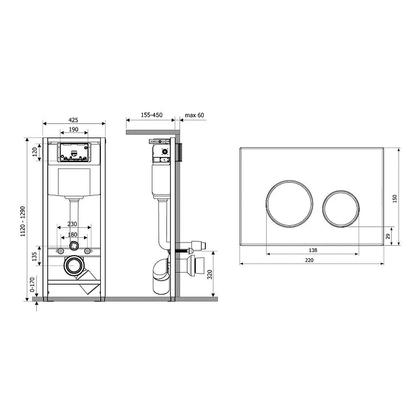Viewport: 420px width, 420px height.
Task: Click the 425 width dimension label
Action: click(73, 120)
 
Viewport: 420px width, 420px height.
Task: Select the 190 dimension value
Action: click(73, 129)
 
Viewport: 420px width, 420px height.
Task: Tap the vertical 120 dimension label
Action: click(35, 152)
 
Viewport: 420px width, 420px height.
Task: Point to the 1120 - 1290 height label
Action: click(23, 221)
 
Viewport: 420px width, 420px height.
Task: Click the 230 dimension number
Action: click(72, 224)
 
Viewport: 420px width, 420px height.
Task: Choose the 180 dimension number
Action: click(72, 235)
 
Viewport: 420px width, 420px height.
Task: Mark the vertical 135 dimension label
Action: click(34, 257)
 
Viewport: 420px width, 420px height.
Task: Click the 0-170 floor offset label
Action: click(32, 285)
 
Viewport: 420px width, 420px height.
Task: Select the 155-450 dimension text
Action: click(152, 115)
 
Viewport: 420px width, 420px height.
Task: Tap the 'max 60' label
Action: click(194, 115)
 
